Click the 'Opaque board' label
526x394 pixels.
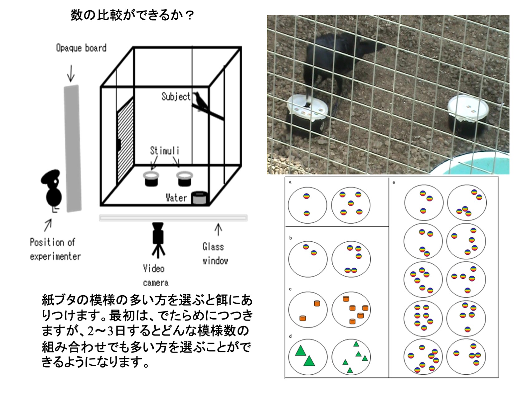pos(81,48)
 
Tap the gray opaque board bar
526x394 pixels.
pos(73,149)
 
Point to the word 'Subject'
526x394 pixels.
pos(176,97)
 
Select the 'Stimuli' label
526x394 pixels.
pos(165,151)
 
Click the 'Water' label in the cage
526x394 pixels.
pos(176,198)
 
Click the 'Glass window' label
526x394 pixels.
pos(215,254)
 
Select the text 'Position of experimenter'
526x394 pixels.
pos(55,249)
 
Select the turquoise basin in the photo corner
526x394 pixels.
pos(474,164)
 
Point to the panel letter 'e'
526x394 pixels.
pos(394,183)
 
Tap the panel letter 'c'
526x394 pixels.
pos(290,289)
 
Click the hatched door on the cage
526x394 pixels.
pos(125,140)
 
